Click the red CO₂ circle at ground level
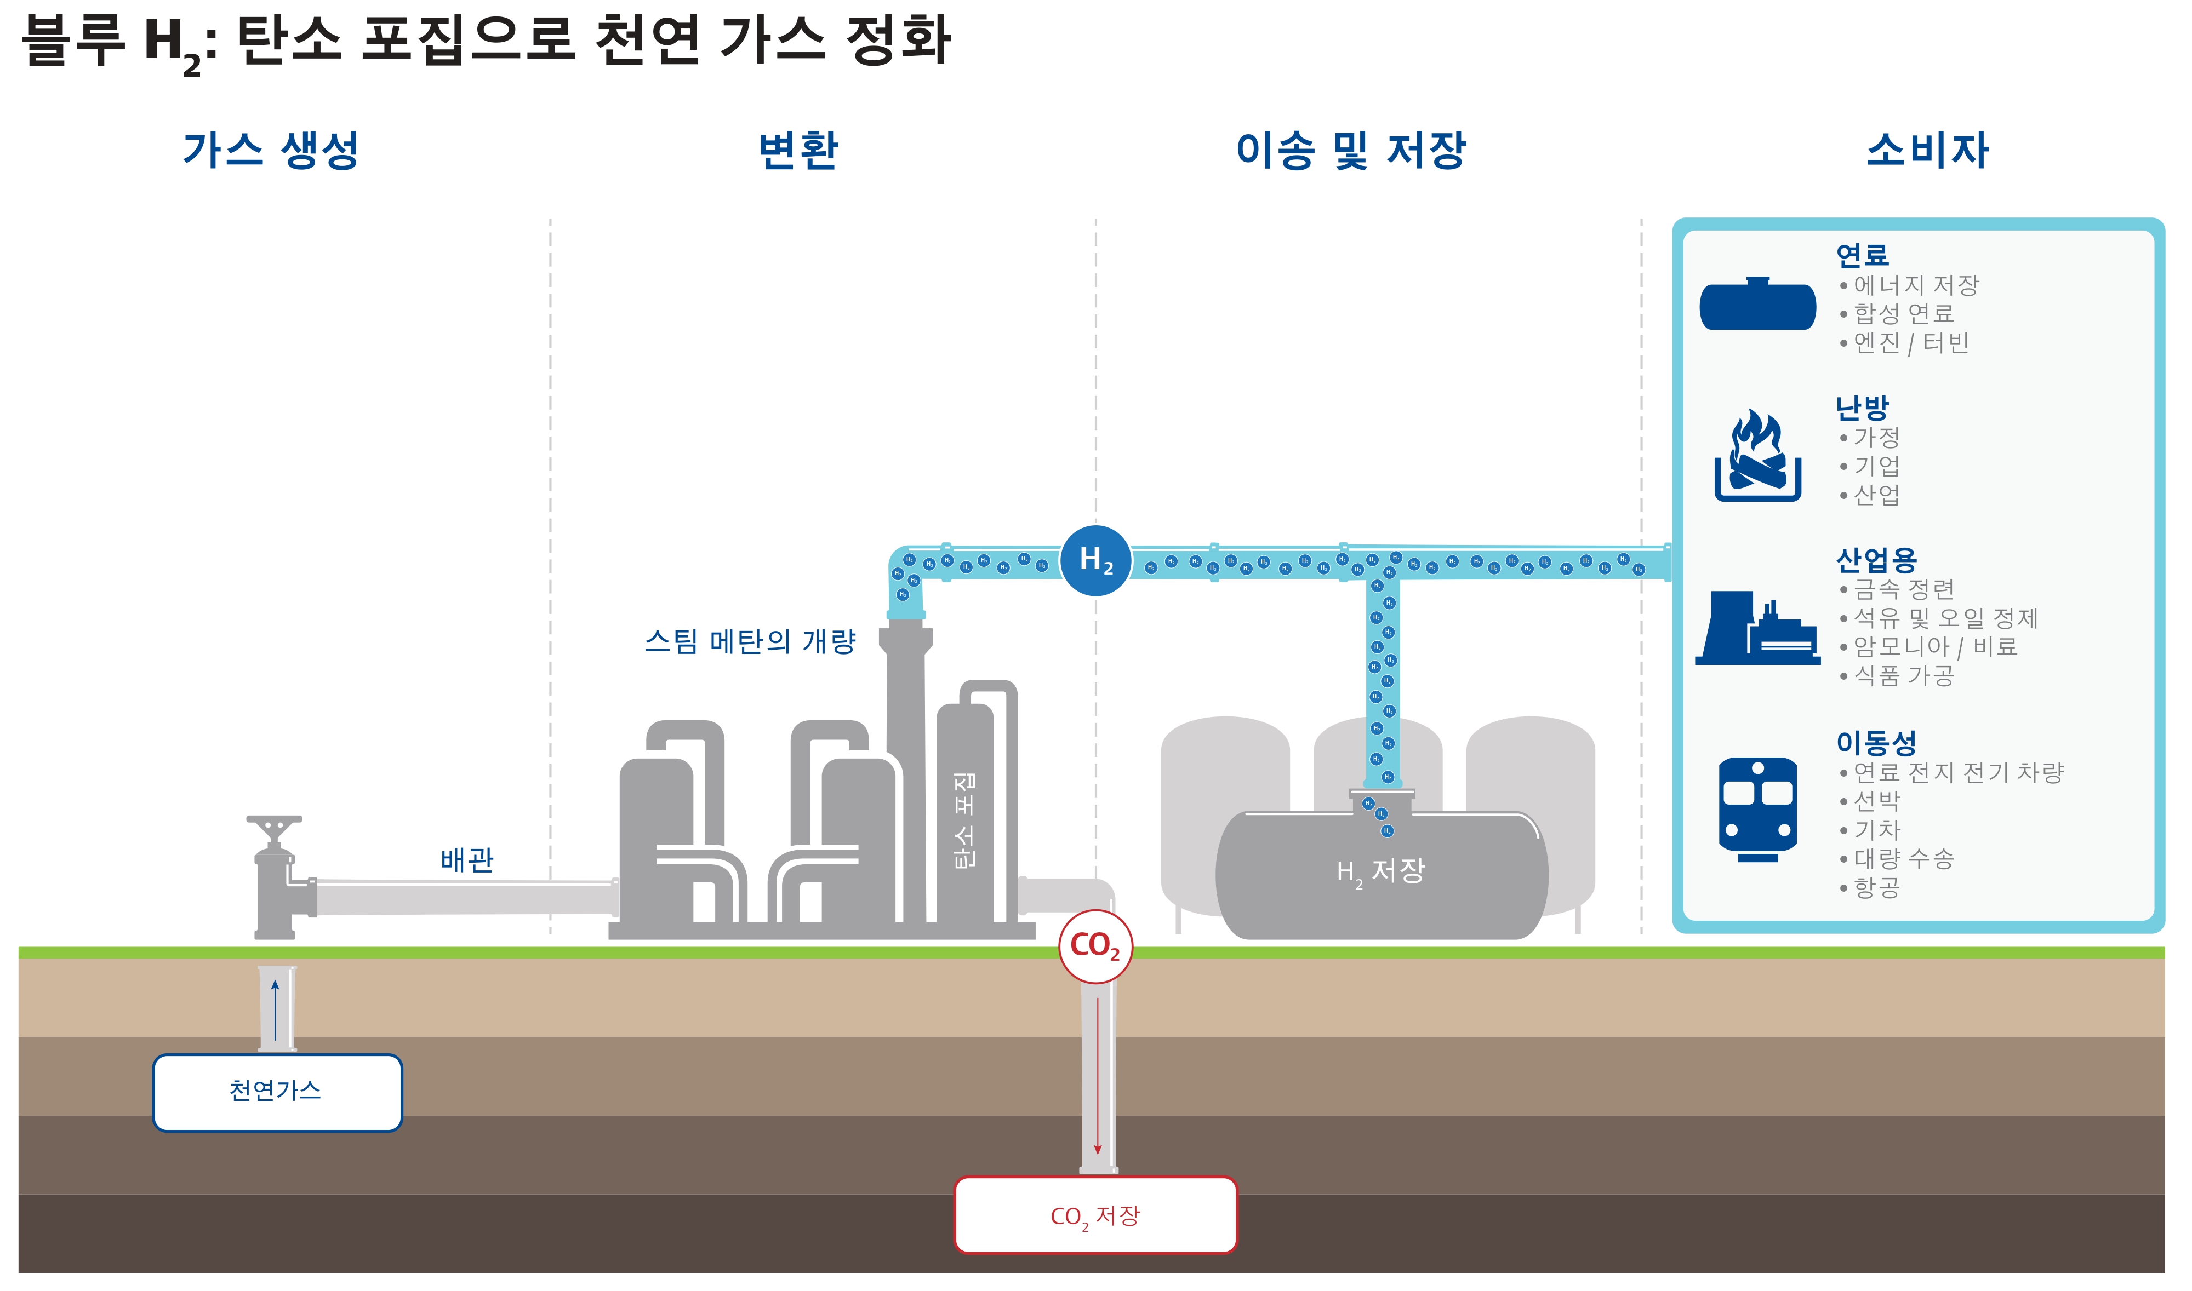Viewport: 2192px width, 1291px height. tap(1095, 946)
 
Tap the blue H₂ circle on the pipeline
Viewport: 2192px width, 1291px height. tap(1095, 560)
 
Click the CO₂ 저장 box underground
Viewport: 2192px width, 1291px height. tap(1095, 1215)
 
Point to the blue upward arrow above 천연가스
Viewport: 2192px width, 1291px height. tap(275, 1009)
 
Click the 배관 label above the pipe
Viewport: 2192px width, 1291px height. tap(467, 859)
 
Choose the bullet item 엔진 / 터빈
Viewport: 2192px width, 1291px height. tap(1910, 343)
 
